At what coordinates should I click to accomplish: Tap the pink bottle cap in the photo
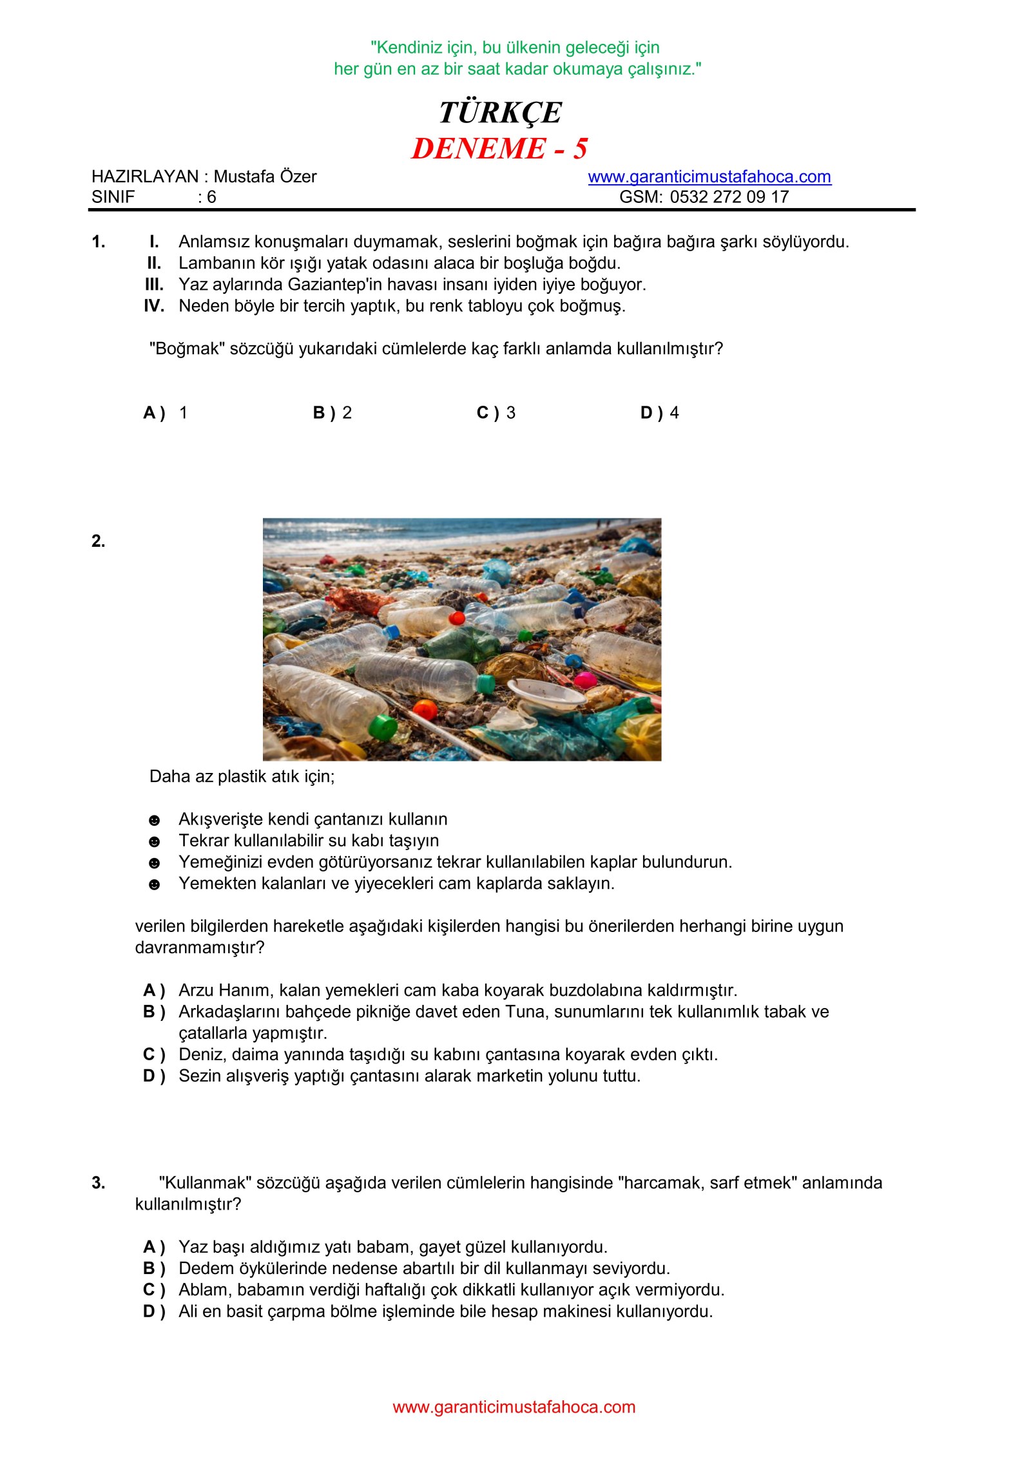point(586,680)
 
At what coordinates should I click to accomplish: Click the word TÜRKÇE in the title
point(500,112)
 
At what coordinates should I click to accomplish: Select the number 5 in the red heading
point(580,149)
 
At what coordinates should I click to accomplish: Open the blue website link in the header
point(709,176)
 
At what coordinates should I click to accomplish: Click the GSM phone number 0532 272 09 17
point(729,197)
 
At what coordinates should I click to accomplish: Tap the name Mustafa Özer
point(265,176)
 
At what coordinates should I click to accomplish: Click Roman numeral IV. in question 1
point(154,306)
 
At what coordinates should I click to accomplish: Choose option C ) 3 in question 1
point(496,413)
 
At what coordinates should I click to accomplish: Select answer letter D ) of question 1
point(651,413)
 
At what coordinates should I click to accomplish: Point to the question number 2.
point(98,541)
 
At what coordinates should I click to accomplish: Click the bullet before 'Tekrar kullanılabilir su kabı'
point(154,842)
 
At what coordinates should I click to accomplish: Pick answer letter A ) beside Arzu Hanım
point(154,990)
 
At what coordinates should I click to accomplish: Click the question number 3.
point(98,1183)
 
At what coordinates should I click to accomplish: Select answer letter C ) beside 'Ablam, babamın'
point(154,1290)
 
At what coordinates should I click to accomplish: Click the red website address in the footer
point(514,1407)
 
